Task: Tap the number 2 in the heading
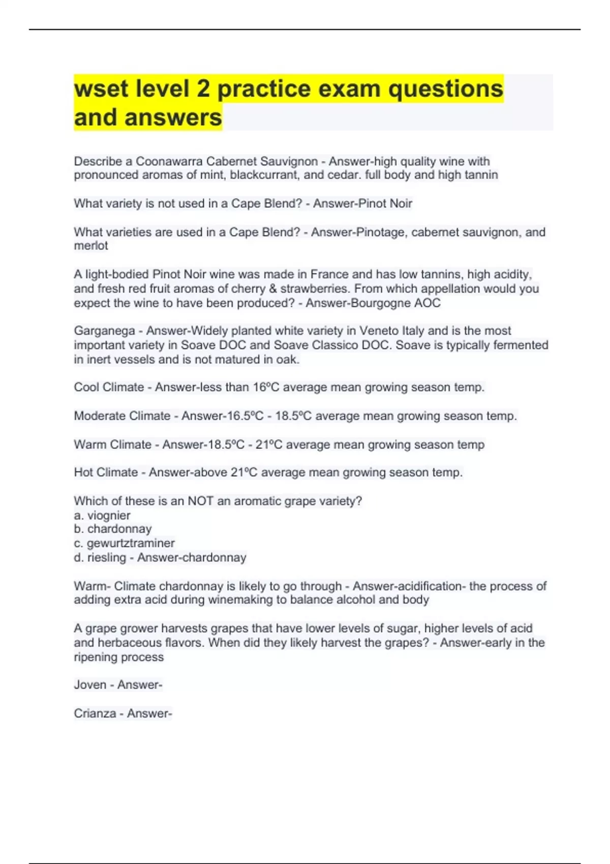tap(203, 89)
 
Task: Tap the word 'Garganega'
tap(104, 331)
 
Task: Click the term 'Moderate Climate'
tap(122, 416)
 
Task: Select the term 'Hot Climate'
tap(106, 473)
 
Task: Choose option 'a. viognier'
tap(102, 515)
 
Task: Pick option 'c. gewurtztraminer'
tap(124, 543)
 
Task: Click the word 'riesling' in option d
tap(106, 558)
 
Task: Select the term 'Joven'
tap(90, 685)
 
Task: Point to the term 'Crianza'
tap(95, 714)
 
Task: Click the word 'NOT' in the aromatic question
tap(200, 501)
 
